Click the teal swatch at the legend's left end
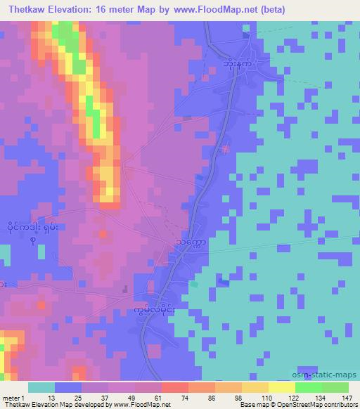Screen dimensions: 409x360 [41, 387]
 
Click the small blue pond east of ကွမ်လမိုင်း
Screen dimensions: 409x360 [223, 282]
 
